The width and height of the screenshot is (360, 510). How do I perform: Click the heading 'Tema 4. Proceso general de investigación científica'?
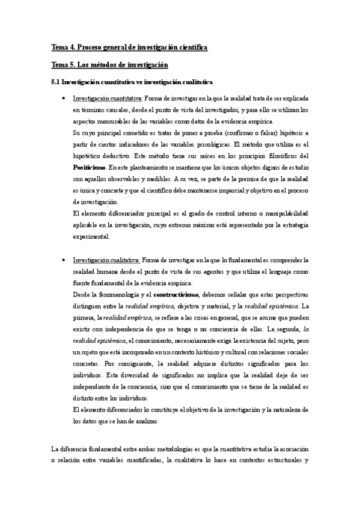[x=129, y=47]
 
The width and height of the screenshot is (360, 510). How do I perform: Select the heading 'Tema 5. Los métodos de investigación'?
[x=109, y=64]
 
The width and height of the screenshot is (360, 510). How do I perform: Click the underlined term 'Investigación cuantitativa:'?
[x=107, y=99]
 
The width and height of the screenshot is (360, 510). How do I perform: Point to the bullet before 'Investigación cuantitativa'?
[x=63, y=99]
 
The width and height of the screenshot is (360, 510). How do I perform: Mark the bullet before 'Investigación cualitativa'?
[x=63, y=260]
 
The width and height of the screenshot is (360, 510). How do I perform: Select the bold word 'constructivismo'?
[x=176, y=295]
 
